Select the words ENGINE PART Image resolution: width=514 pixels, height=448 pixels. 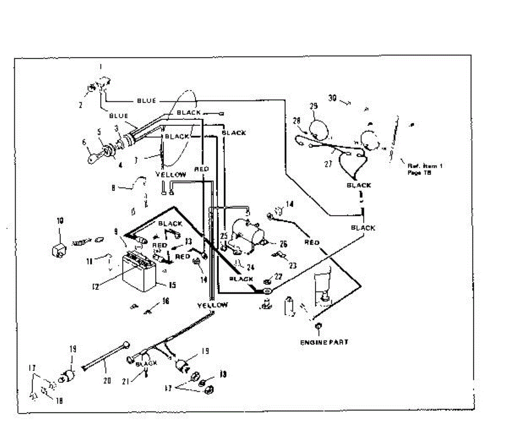(324, 342)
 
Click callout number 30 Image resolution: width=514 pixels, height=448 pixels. (332, 98)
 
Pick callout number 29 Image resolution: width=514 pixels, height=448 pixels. (314, 106)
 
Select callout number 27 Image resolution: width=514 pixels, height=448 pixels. (329, 163)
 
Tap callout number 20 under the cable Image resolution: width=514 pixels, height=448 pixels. (107, 380)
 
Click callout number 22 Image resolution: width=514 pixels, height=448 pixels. (278, 277)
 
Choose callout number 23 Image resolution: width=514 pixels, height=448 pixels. (293, 266)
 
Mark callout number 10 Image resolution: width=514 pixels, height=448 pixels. (60, 221)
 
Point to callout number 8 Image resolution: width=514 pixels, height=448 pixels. (113, 187)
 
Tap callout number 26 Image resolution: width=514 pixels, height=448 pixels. (283, 244)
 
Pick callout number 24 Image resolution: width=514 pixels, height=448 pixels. (250, 268)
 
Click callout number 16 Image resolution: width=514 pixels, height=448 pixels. (166, 302)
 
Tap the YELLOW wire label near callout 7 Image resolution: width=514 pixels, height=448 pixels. (170, 175)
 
